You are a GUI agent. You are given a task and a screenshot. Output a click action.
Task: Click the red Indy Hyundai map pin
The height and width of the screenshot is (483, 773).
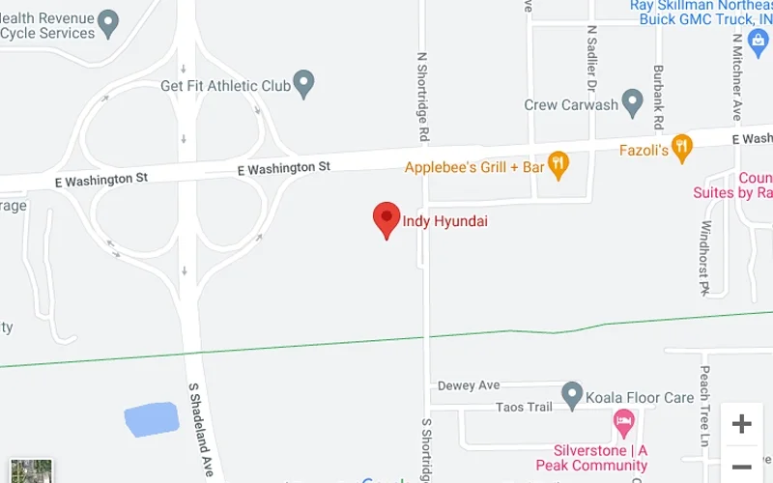(x=386, y=218)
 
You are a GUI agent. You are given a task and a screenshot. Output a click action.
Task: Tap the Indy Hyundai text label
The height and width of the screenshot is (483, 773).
(x=444, y=221)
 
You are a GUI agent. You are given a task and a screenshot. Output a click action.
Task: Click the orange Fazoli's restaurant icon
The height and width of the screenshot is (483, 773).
(x=682, y=147)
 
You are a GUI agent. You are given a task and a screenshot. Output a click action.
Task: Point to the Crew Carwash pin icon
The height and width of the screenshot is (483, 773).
(x=633, y=101)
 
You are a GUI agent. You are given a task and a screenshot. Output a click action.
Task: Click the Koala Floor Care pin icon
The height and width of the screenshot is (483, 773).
(x=572, y=394)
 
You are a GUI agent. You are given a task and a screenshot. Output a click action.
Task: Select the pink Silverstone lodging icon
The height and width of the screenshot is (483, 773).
(x=624, y=421)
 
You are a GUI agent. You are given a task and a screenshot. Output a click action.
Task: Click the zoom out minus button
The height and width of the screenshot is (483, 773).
(x=741, y=466)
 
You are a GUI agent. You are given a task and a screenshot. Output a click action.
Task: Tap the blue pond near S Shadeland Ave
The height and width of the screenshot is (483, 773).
(x=152, y=418)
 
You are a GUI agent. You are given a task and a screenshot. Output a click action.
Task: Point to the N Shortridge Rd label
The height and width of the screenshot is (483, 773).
(x=422, y=96)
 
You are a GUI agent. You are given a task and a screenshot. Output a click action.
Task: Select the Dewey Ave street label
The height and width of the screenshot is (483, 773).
(x=469, y=385)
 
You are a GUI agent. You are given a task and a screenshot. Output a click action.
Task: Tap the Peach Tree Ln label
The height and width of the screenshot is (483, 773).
(x=705, y=406)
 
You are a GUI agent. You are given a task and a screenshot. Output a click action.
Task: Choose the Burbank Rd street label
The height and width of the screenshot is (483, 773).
(x=658, y=98)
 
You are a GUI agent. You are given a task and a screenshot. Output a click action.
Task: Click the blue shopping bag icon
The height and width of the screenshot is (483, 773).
(x=758, y=42)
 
